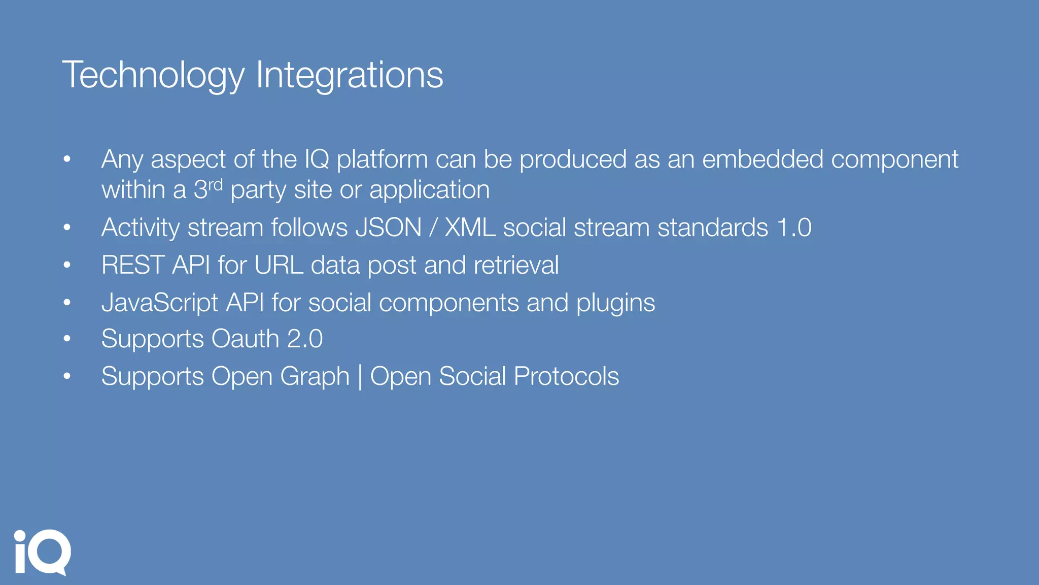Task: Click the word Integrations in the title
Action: pos(350,75)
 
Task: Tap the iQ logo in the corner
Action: pos(42,552)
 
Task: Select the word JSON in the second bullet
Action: pos(388,227)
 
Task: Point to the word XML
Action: pos(470,227)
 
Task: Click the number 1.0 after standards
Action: pos(794,227)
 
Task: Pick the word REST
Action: pos(133,265)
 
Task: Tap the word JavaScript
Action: pos(160,303)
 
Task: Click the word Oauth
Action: pos(245,339)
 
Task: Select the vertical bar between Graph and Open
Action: pos(360,377)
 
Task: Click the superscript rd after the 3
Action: pos(216,184)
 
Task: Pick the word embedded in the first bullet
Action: pos(763,159)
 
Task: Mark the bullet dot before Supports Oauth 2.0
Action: pos(67,339)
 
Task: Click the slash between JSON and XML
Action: pos(433,227)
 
